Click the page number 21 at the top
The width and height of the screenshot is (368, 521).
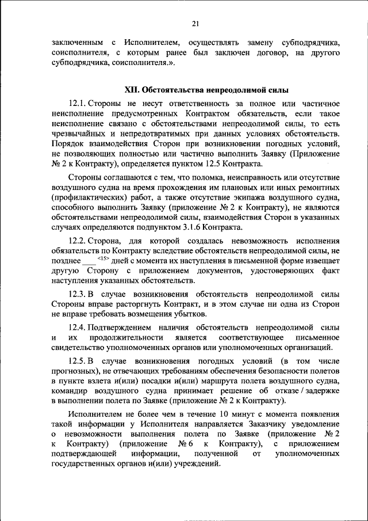[x=195, y=24]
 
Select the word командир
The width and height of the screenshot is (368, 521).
[x=70, y=391]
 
